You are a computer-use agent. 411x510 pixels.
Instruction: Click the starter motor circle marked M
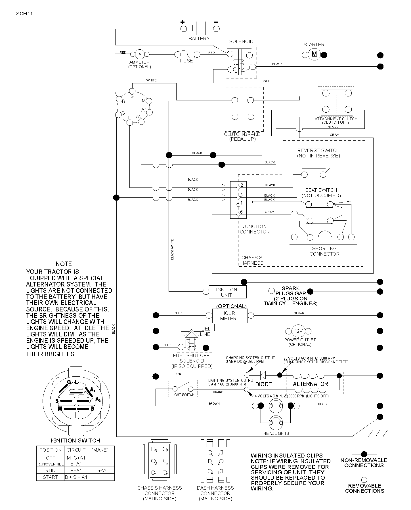tap(314, 54)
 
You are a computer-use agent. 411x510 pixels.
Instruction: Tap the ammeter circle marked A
tap(140, 54)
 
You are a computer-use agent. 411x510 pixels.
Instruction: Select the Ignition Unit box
tap(228, 292)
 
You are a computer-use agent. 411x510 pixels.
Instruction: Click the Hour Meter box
tap(230, 316)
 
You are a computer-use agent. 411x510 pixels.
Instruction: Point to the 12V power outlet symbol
tap(298, 331)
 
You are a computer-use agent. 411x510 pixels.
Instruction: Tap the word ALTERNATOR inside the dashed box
tap(311, 384)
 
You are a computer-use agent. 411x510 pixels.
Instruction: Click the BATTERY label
tap(199, 39)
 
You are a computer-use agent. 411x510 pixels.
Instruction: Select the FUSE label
tap(186, 61)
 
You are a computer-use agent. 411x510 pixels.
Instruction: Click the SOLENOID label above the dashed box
tap(241, 41)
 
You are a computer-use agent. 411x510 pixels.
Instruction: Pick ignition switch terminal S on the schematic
tap(132, 91)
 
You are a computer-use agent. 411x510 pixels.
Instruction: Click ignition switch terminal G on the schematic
tap(119, 114)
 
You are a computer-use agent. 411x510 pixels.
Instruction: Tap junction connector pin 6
tap(238, 214)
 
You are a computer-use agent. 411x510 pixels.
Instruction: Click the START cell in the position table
tap(51, 477)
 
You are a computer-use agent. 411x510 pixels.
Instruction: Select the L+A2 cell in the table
tap(101, 471)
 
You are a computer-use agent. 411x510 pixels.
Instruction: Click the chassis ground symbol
tap(378, 433)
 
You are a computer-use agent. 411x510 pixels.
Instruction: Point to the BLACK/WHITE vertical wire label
tap(172, 249)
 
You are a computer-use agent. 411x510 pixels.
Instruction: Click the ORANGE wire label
tap(219, 392)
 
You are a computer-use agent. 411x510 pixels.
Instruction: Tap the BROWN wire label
tap(214, 404)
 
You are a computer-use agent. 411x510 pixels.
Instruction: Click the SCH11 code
tap(24, 14)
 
